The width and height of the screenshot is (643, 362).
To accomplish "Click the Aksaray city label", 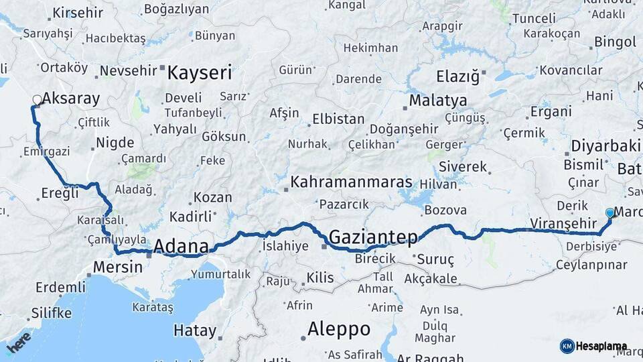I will [x=70, y=99].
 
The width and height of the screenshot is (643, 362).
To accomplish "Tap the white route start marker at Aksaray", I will [x=36, y=100].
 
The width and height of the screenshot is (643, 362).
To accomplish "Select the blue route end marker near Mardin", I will [x=610, y=213].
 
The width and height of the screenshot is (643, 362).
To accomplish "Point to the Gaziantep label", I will [x=373, y=237].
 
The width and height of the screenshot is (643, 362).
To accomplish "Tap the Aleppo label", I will [x=338, y=329].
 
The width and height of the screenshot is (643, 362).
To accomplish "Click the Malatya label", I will [x=438, y=101].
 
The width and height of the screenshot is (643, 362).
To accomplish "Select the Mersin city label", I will [x=118, y=267].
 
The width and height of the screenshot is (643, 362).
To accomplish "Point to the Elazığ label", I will [x=458, y=76].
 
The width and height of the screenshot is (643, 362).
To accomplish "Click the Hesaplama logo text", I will [x=602, y=347].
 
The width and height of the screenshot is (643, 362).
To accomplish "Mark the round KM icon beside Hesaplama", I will [x=567, y=347].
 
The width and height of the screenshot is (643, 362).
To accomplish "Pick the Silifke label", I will [x=51, y=313].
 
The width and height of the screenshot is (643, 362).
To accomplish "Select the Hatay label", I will [x=195, y=330].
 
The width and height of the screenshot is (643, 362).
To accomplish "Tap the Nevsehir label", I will [x=129, y=70].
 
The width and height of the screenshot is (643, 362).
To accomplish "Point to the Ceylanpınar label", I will [x=590, y=265].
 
